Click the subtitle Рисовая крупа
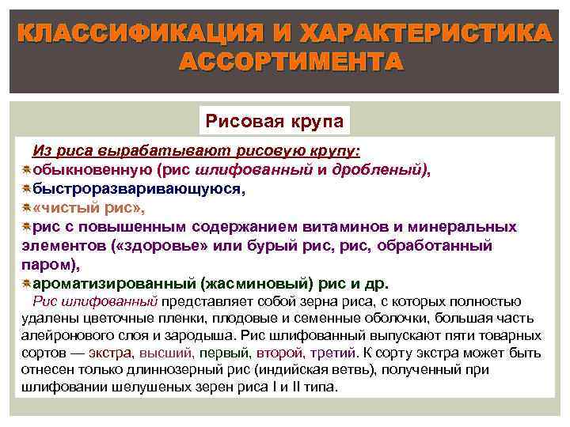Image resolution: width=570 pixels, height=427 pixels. (x=274, y=123)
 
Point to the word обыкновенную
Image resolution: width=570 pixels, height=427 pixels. (x=93, y=168)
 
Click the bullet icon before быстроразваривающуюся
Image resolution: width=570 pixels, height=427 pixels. (x=26, y=189)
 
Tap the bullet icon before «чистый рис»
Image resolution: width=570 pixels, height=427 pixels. (x=26, y=208)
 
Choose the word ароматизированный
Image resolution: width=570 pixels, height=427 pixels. (x=115, y=284)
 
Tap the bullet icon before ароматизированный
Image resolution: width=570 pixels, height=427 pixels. (x=26, y=284)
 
